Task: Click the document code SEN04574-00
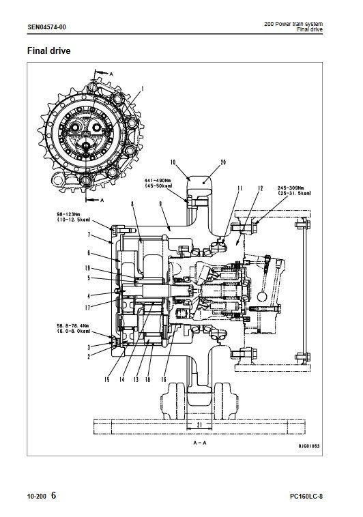(46, 27)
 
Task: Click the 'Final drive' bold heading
(49, 50)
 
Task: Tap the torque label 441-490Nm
(158, 180)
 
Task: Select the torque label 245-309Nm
(291, 188)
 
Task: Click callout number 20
(223, 162)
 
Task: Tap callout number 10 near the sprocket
(173, 162)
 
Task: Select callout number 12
(261, 188)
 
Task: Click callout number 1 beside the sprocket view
(143, 89)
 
